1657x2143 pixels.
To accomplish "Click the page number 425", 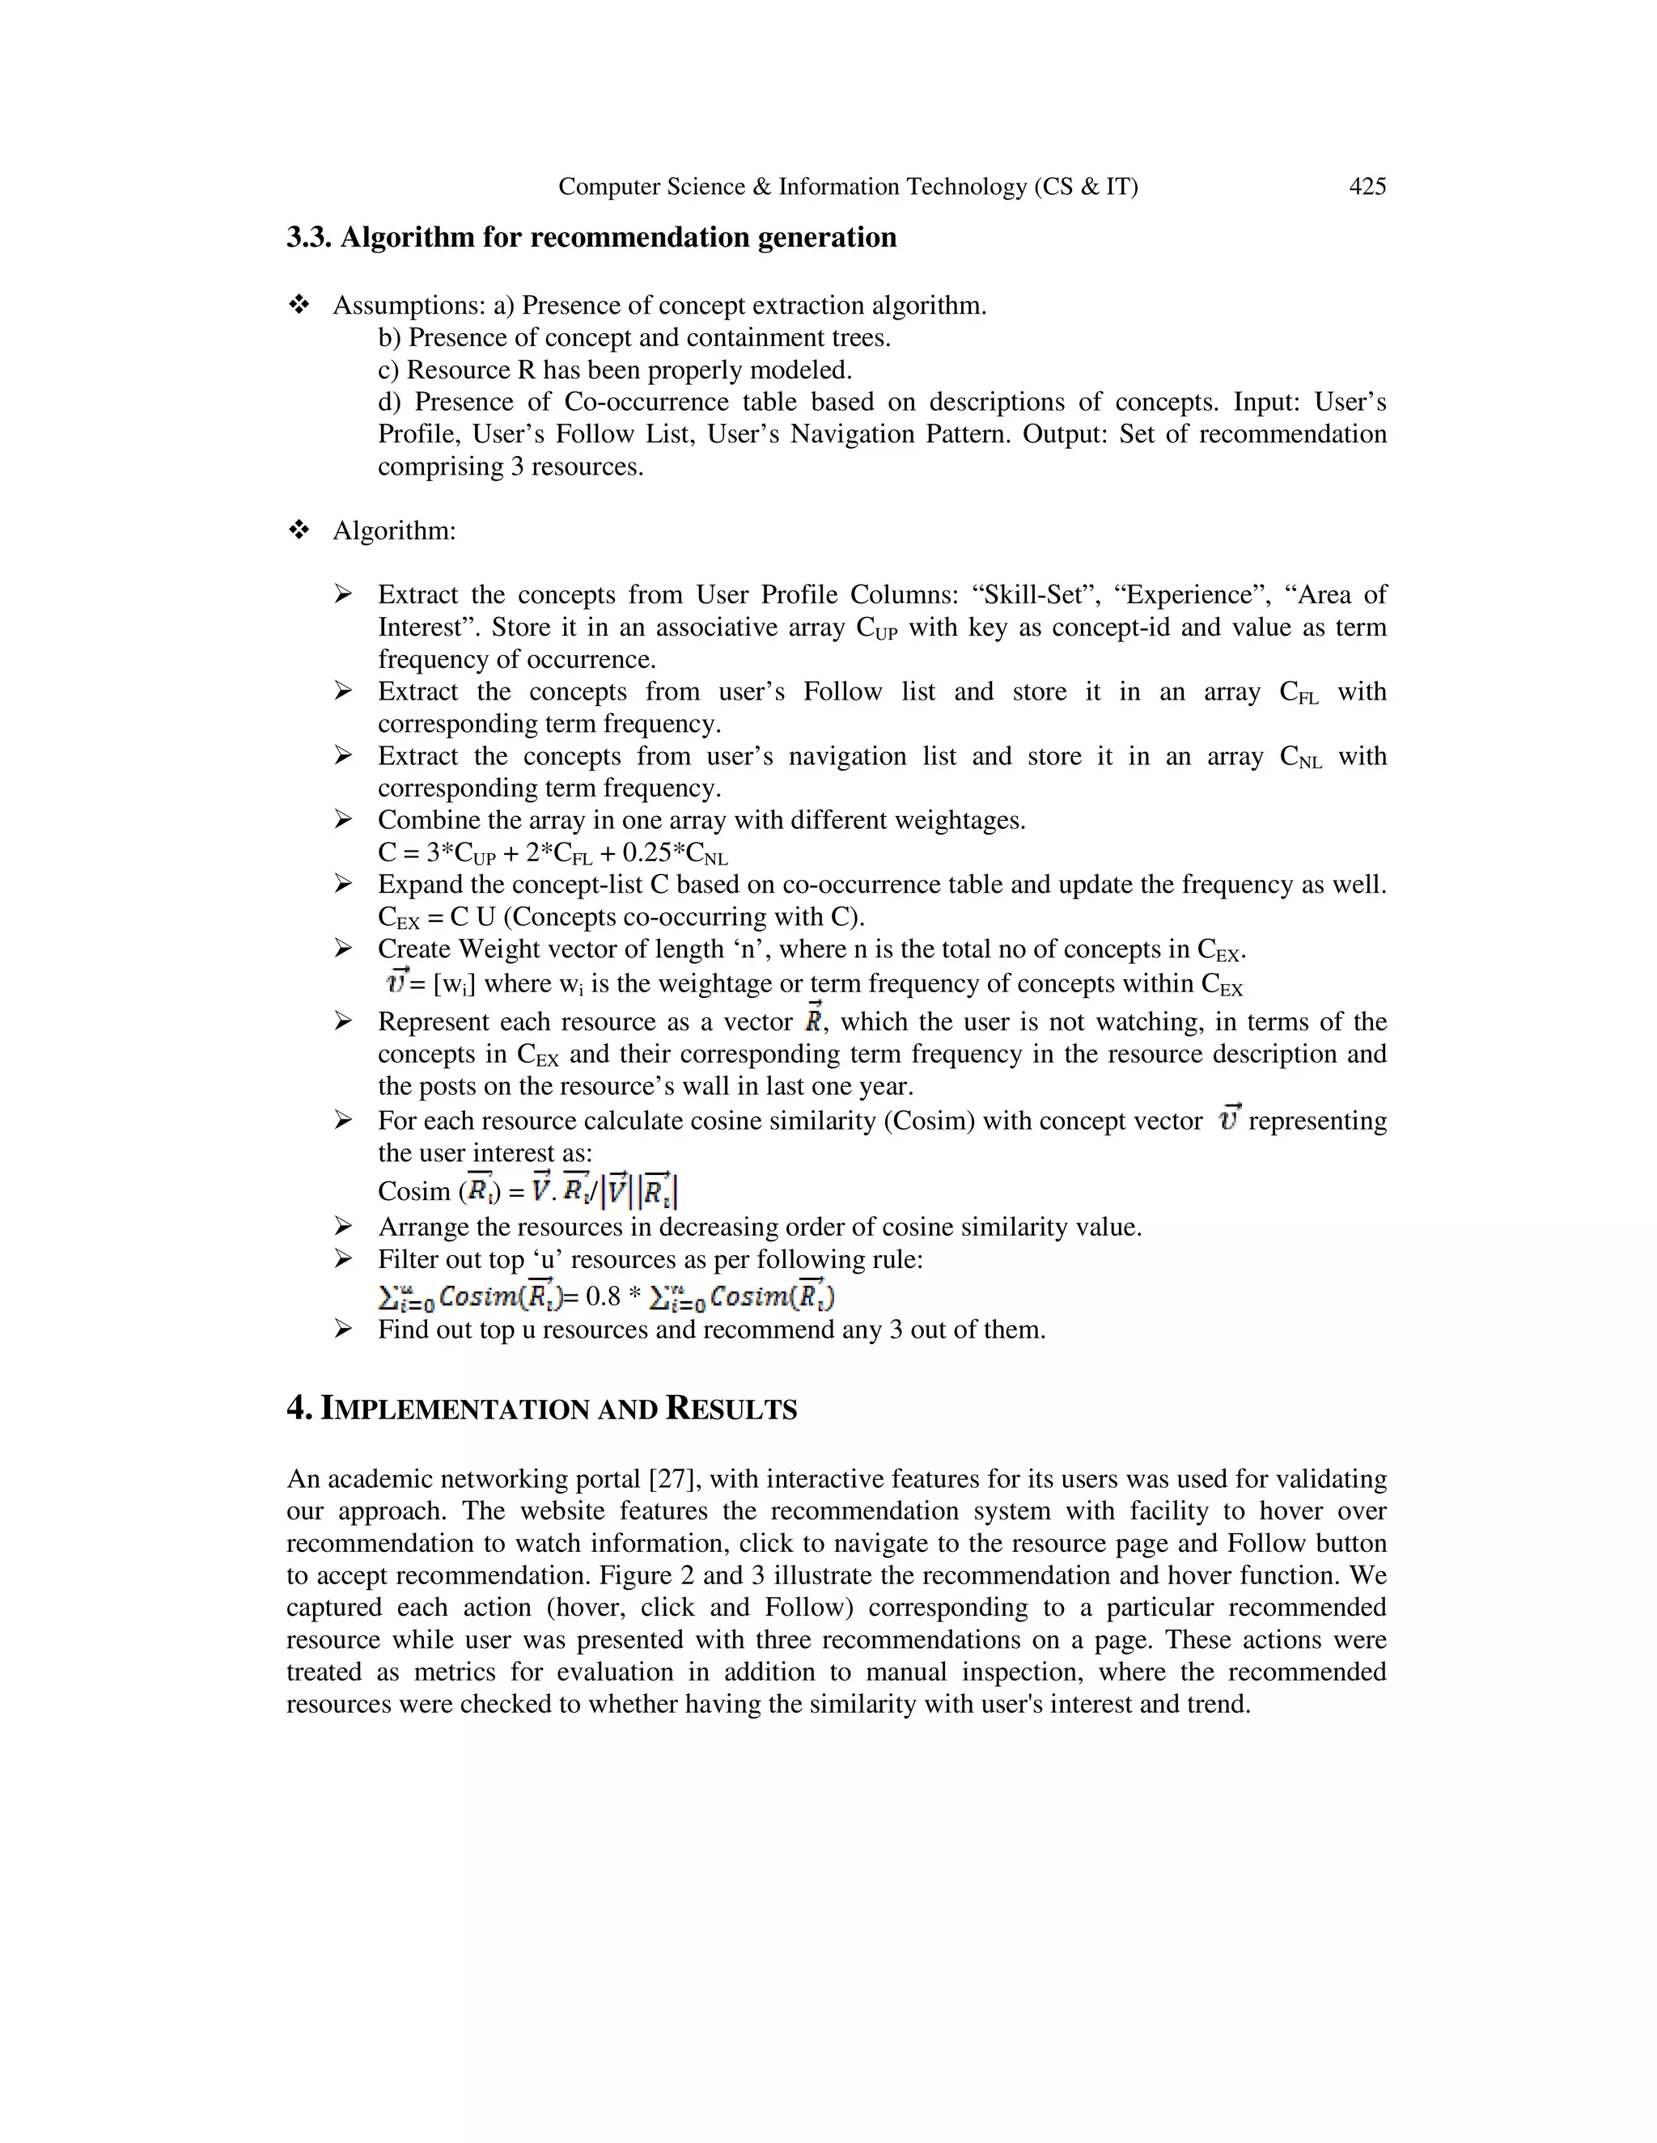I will click(1367, 187).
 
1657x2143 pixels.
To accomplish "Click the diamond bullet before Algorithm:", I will click(299, 530).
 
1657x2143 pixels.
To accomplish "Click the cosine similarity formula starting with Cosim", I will click(528, 1190).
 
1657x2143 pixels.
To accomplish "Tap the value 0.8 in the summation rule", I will click(603, 1297).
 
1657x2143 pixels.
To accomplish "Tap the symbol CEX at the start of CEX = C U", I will click(397, 919).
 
